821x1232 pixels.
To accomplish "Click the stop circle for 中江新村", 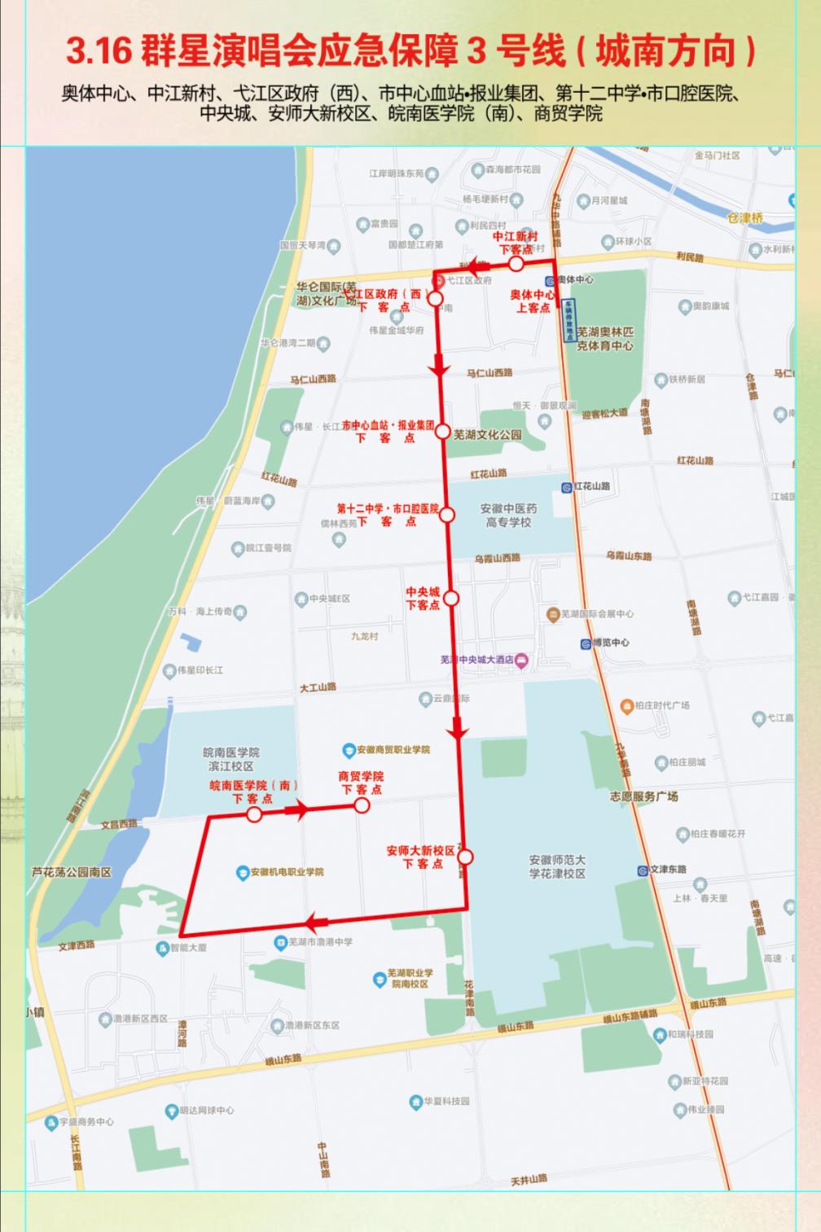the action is click(516, 264).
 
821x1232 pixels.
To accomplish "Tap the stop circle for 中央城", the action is click(451, 598).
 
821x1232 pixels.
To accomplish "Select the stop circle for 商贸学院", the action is click(362, 805).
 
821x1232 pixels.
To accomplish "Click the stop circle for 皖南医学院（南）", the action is click(254, 815).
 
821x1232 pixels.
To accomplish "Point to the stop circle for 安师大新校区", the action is click(465, 857).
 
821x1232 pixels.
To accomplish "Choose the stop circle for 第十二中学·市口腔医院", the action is click(446, 515).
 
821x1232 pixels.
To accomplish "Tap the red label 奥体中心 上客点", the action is click(533, 301).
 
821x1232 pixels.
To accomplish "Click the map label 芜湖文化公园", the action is click(487, 435).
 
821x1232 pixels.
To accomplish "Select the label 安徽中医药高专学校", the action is click(508, 515).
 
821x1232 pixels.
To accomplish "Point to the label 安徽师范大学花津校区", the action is click(557, 866).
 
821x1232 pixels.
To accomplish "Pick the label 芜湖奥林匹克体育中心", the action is click(604, 339).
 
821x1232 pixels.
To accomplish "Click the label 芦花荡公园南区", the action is click(72, 872).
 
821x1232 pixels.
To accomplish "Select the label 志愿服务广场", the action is click(643, 796).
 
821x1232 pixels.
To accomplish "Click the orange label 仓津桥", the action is click(745, 217).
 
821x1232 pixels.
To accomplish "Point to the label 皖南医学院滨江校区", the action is click(231, 759).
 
